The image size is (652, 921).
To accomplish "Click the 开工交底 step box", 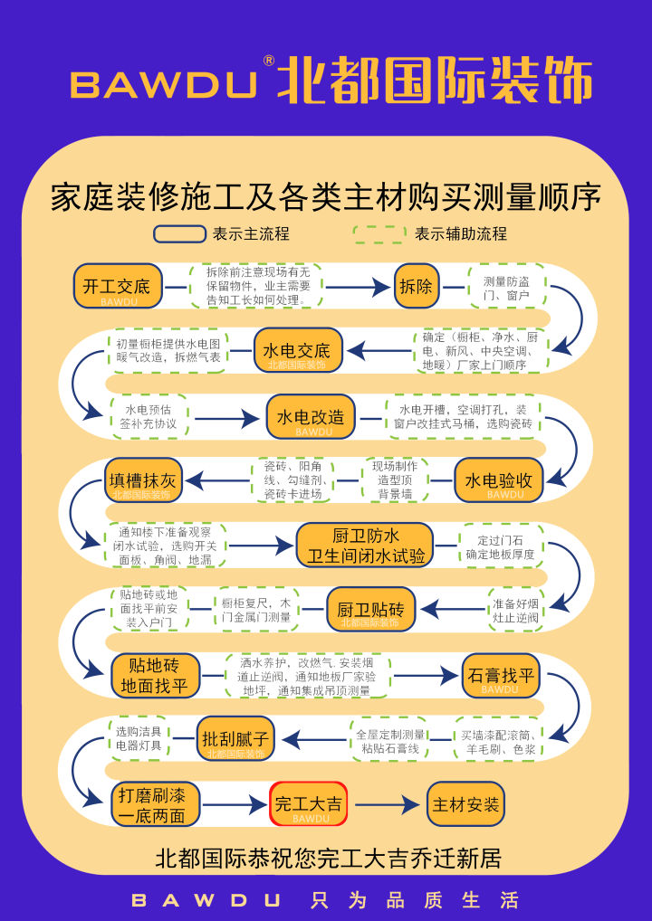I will pyautogui.click(x=117, y=286).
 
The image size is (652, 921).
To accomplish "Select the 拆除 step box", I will pyautogui.click(x=416, y=286).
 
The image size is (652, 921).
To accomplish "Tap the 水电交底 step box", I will pyautogui.click(x=297, y=350).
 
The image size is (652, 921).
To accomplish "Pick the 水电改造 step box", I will pyautogui.click(x=311, y=416).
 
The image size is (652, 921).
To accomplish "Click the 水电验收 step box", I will pyautogui.click(x=498, y=480).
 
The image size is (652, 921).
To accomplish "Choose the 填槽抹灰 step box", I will pyautogui.click(x=143, y=480).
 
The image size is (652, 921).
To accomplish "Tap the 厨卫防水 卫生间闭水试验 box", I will pyautogui.click(x=365, y=545).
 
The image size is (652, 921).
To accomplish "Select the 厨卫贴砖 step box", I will pyautogui.click(x=370, y=609).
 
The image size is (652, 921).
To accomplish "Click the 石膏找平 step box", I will pyautogui.click(x=500, y=675).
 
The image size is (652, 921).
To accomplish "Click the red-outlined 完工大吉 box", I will pyautogui.click(x=309, y=803).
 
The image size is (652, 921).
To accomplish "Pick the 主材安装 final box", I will pyautogui.click(x=465, y=803).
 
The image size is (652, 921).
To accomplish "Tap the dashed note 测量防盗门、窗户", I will pyautogui.click(x=506, y=287).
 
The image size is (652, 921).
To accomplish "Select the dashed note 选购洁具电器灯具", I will pyautogui.click(x=139, y=738).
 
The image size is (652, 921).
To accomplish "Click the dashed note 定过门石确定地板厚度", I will pyautogui.click(x=501, y=546).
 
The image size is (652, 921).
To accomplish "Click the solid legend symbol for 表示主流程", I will pyautogui.click(x=179, y=234).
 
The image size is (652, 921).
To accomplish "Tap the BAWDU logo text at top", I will pyautogui.click(x=163, y=84).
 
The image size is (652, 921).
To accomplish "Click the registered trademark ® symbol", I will pyautogui.click(x=268, y=61).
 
